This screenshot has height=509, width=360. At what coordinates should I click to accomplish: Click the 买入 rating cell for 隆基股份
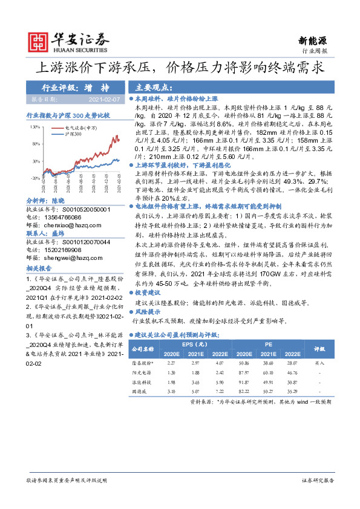click(x=318, y=363)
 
